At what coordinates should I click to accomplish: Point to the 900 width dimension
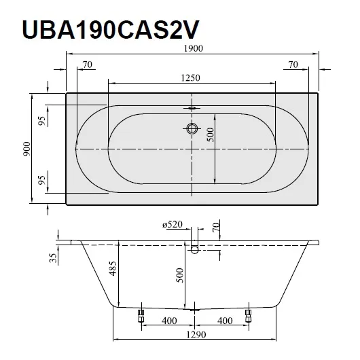pyautogui.click(x=26, y=149)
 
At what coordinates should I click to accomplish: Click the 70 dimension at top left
pyautogui.click(x=86, y=65)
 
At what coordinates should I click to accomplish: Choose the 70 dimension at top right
pyautogui.click(x=293, y=65)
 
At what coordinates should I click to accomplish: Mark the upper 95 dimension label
pyautogui.click(x=42, y=121)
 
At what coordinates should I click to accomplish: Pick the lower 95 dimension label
pyautogui.click(x=42, y=181)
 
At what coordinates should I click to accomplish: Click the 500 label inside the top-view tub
pyautogui.click(x=211, y=135)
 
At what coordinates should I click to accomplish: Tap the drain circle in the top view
pyautogui.click(x=192, y=127)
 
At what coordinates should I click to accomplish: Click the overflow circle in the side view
pyautogui.click(x=195, y=250)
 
